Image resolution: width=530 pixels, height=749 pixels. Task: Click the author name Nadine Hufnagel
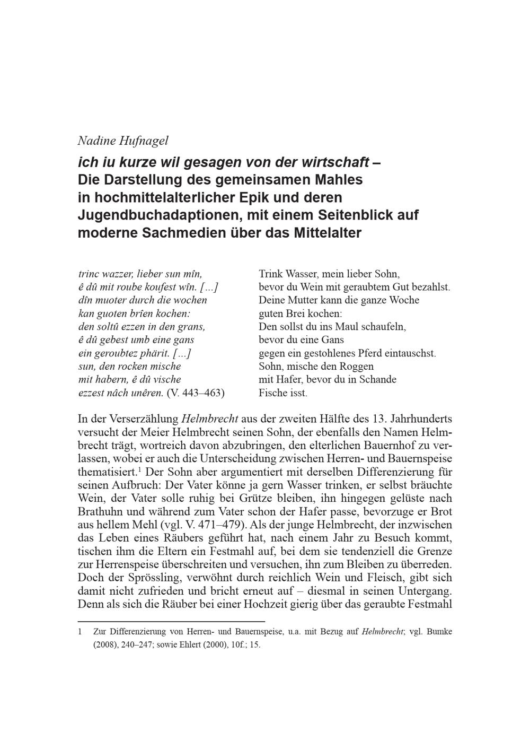click(x=123, y=141)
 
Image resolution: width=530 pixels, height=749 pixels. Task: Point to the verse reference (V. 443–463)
click(x=195, y=393)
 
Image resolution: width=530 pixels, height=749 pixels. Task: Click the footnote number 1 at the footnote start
click(x=80, y=632)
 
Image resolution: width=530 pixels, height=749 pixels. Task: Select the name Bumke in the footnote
click(x=439, y=632)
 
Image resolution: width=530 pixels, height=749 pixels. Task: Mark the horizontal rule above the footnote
click(x=171, y=621)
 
